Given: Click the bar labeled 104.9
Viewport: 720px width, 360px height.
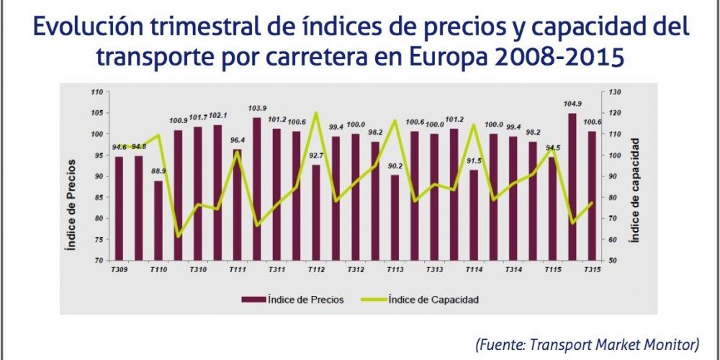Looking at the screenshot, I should (x=572, y=186).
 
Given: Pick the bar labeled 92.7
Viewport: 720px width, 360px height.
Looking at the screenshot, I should (x=315, y=212).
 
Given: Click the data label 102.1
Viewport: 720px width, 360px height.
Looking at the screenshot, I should (x=217, y=116).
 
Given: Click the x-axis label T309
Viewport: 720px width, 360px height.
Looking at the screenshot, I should (x=120, y=269).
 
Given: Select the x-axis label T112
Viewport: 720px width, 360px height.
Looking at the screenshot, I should (x=315, y=269).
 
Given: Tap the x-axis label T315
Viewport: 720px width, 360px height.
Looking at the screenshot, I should (x=592, y=269).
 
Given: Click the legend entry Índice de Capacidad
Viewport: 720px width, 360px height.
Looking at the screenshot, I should (x=433, y=299).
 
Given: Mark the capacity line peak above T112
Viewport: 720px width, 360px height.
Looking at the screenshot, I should (x=315, y=112).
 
